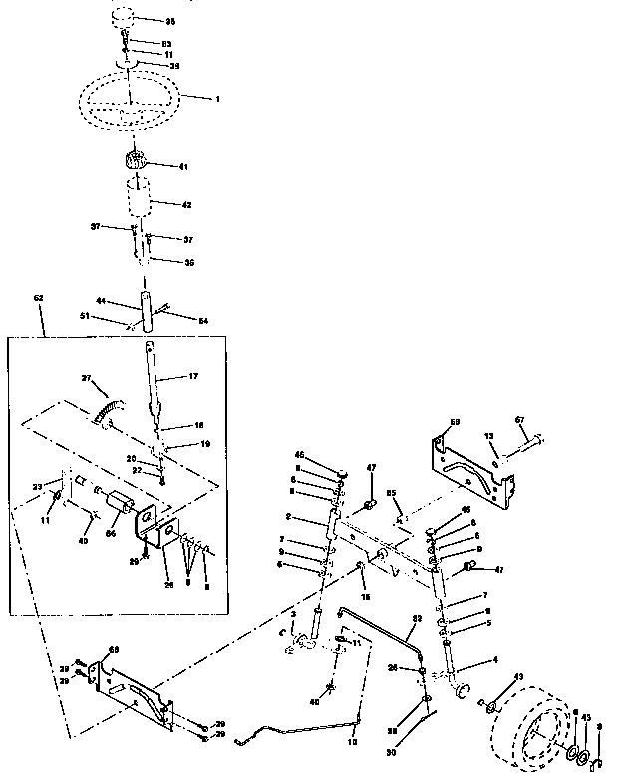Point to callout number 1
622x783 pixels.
point(216,99)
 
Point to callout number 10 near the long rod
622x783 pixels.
point(351,742)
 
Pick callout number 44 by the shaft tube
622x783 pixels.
point(101,301)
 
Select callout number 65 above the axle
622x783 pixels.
point(392,493)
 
